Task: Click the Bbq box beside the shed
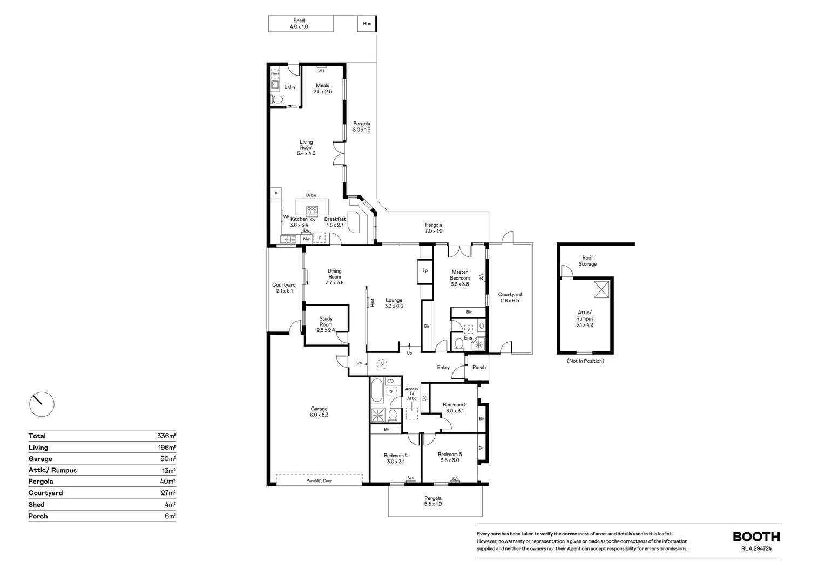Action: click(x=367, y=24)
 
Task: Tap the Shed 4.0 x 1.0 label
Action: click(x=299, y=24)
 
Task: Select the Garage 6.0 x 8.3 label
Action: click(x=319, y=412)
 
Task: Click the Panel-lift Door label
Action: click(x=319, y=480)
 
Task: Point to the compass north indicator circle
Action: click(x=42, y=404)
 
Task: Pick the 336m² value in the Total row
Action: click(x=166, y=436)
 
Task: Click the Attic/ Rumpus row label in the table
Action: click(x=52, y=470)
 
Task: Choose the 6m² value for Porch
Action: click(x=170, y=517)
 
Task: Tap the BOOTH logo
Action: click(x=756, y=537)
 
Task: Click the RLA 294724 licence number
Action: click(x=756, y=548)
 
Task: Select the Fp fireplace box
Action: click(x=425, y=272)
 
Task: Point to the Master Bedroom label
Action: click(x=459, y=278)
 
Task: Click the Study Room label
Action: click(x=326, y=324)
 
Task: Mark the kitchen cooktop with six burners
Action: click(x=312, y=211)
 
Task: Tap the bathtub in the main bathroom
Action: click(x=377, y=390)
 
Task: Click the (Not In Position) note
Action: click(x=585, y=361)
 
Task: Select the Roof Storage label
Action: click(x=587, y=261)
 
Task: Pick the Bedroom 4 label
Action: click(x=396, y=458)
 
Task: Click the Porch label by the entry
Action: click(x=479, y=367)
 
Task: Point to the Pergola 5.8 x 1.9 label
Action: click(x=433, y=501)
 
